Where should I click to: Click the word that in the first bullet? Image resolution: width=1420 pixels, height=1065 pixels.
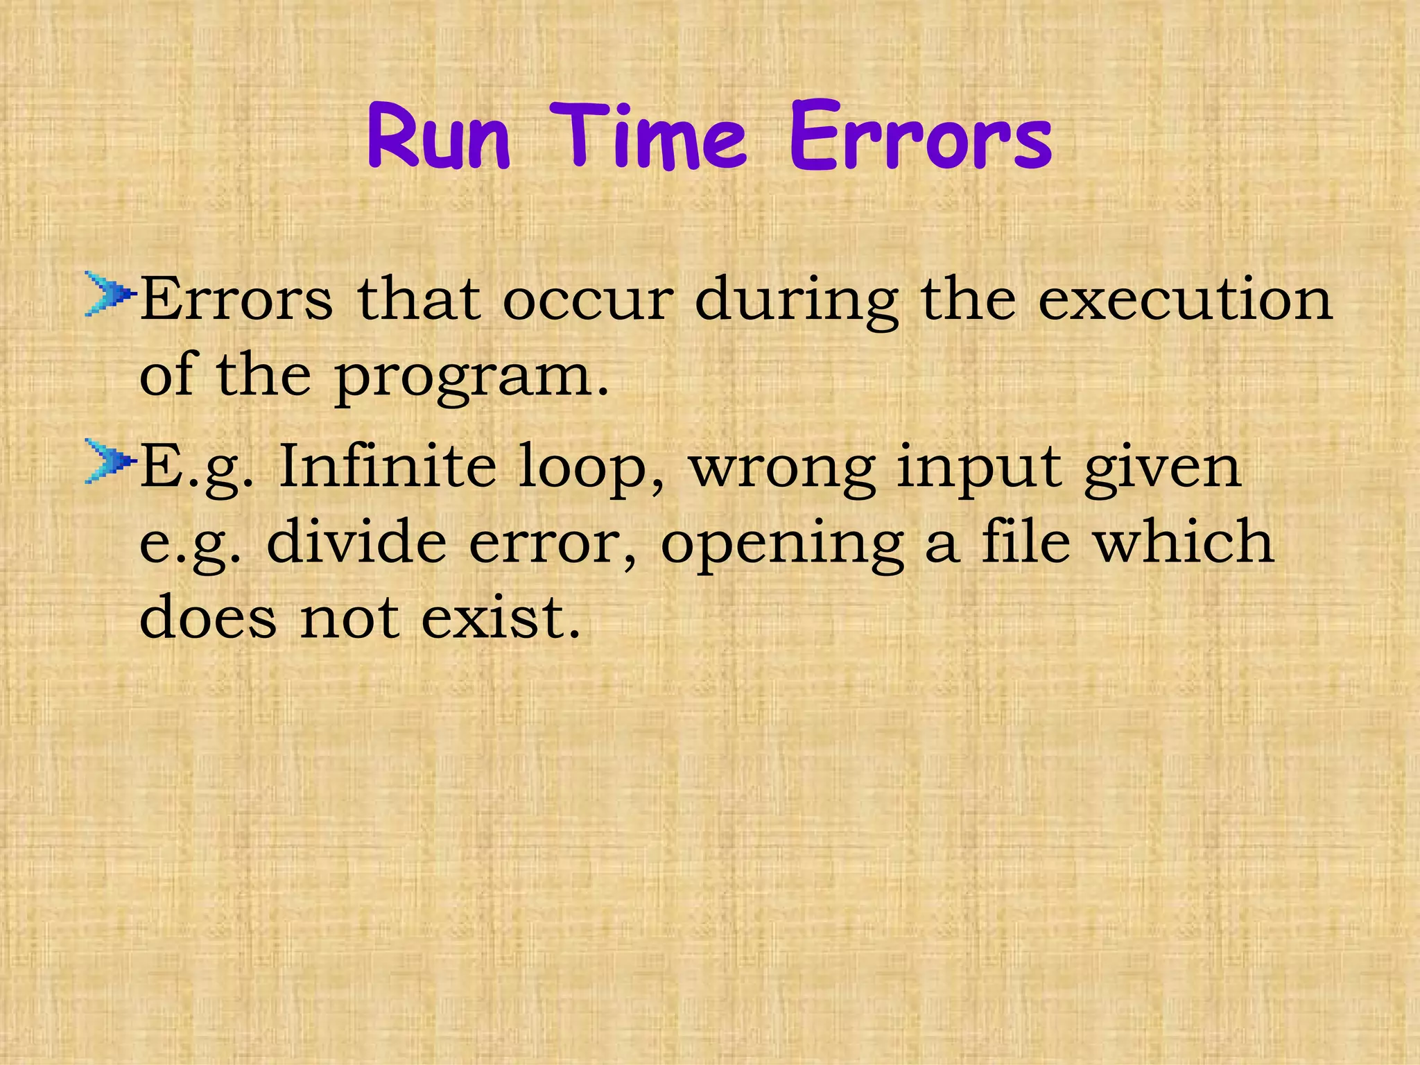click(419, 300)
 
